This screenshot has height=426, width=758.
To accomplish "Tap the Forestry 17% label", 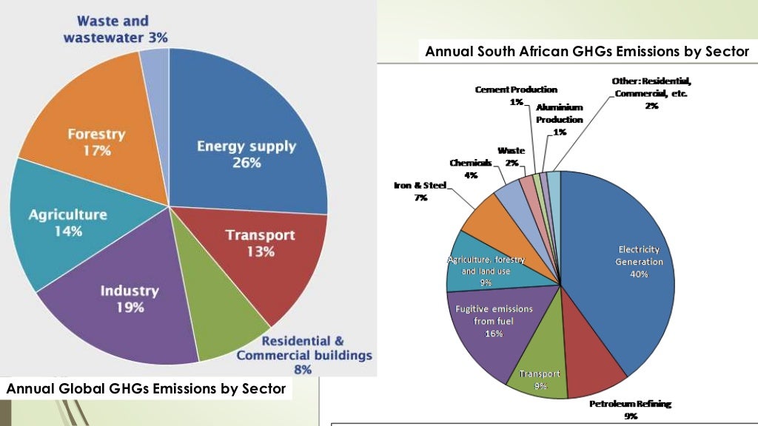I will click(96, 142).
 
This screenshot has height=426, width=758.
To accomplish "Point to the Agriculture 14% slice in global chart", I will click(67, 222).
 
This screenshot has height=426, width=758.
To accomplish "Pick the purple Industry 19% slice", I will click(130, 298).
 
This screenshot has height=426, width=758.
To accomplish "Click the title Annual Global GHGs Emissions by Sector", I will click(146, 388).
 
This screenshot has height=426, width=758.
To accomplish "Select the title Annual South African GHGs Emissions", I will click(587, 52).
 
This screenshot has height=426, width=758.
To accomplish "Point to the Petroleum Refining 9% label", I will click(620, 410).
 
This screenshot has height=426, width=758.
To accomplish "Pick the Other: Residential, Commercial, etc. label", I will click(651, 92).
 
